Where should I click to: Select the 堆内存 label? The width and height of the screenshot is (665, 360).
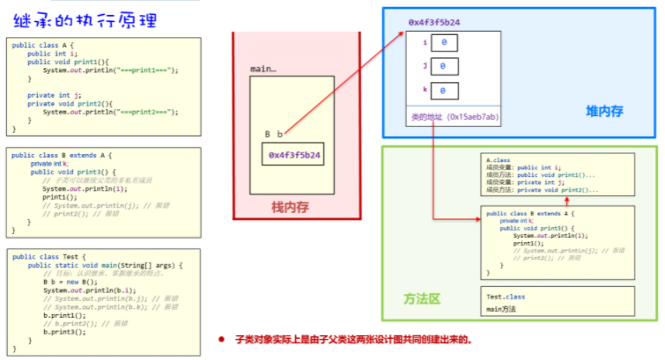click(x=604, y=110)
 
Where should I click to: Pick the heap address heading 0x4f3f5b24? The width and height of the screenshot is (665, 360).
click(x=434, y=20)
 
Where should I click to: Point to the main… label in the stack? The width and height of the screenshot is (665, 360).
click(x=263, y=68)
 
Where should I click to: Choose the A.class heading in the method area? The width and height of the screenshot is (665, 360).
click(x=499, y=158)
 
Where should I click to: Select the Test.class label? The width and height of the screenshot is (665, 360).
click(x=506, y=298)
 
